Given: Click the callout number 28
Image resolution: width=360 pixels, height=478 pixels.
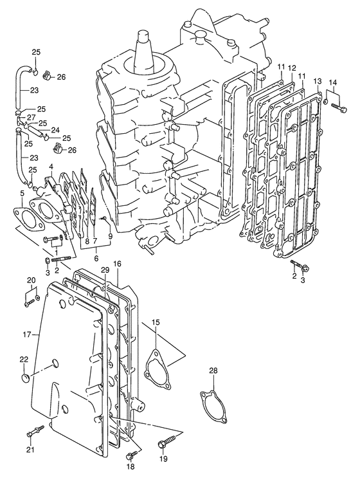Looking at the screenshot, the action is tap(213, 371).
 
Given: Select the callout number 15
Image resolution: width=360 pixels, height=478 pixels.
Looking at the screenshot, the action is tap(156, 322).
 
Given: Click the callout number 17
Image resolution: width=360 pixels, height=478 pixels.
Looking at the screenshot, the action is tap(27, 335).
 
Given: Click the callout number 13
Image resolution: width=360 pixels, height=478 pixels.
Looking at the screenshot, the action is tap(317, 81).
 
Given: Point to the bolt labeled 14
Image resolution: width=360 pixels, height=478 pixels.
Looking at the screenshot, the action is tap(338, 107).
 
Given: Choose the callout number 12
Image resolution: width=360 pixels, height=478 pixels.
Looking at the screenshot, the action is tap(292, 68).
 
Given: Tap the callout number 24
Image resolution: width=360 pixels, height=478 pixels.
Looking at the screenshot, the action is tap(55, 130).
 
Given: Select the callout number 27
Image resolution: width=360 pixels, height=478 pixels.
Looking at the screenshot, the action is tap(32, 117).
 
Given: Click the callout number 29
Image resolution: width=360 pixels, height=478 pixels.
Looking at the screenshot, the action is tap(105, 270).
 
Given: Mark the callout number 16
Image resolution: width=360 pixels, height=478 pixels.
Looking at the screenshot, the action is tap(117, 264).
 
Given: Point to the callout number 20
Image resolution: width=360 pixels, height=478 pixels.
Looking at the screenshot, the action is tap(32, 280).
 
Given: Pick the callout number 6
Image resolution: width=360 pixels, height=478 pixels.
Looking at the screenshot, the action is tap(96, 258).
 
